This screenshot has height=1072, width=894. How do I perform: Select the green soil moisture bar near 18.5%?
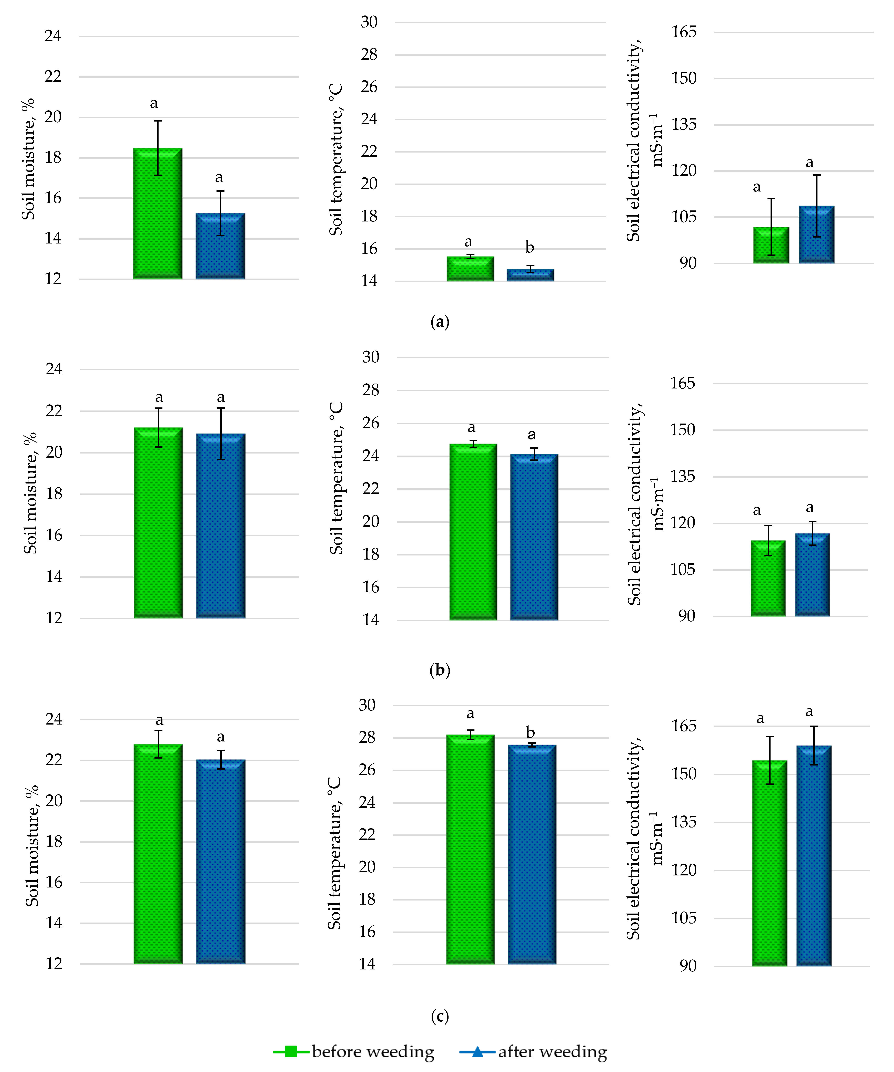tap(158, 214)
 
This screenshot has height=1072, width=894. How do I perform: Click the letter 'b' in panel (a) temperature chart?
tap(530, 248)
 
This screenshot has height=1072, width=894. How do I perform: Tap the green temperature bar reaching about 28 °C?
tap(470, 850)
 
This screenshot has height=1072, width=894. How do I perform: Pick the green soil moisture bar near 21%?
tap(158, 523)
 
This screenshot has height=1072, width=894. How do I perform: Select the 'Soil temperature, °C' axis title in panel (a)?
tap(336, 159)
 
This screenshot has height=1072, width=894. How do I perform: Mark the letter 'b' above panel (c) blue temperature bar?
tap(530, 732)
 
